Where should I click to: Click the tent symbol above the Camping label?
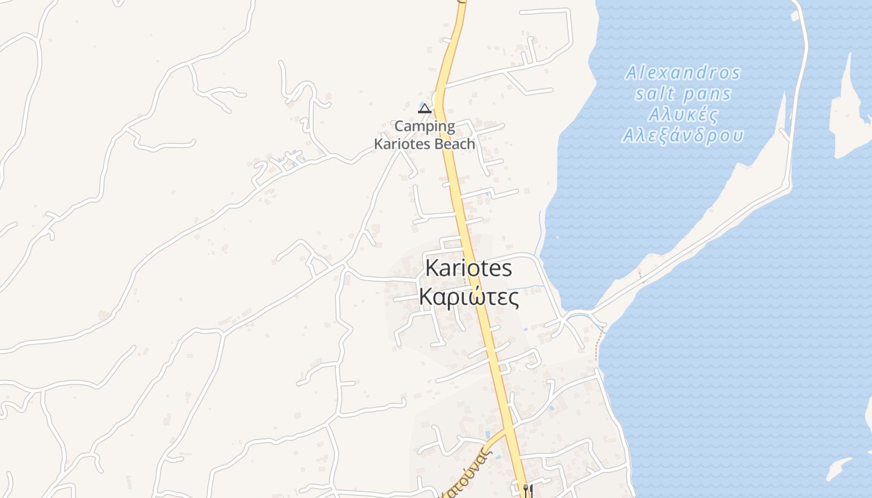point(424,109)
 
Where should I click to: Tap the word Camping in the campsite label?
point(424,126)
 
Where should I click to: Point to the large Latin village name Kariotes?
point(468,268)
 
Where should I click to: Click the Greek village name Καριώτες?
point(468,297)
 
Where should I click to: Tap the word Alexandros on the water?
point(683,73)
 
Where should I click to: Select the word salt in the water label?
point(655,95)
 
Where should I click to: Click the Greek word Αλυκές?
point(683,115)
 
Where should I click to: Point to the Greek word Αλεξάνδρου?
point(683,136)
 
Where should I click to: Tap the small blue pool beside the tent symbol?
point(425,102)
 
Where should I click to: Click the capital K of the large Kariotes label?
point(431,268)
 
